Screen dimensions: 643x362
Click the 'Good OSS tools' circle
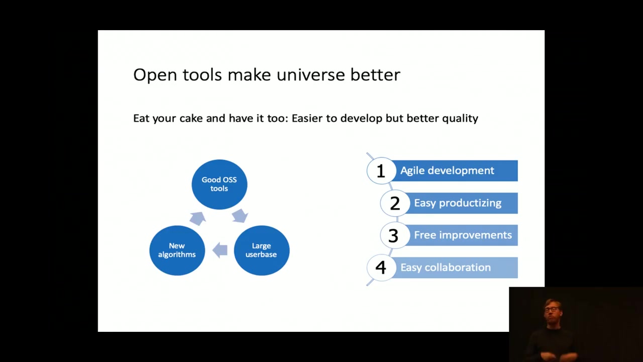pos(220,184)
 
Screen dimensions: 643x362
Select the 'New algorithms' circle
pos(177,250)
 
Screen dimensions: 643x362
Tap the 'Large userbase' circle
pos(262,250)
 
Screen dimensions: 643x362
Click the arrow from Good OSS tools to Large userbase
pos(240,216)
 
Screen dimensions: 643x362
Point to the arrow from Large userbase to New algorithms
pos(220,250)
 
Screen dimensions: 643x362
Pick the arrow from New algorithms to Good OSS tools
pos(198,218)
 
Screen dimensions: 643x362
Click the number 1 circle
pos(381,170)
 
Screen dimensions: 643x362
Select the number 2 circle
pos(395,203)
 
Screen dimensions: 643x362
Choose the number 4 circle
pos(381,267)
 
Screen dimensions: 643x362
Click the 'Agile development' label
pos(447,170)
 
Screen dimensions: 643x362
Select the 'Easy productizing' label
pos(458,203)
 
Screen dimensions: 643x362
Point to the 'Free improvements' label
pos(463,235)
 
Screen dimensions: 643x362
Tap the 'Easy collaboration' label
pos(446,267)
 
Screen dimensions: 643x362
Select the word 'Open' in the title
pos(155,75)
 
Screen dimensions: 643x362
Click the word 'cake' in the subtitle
pos(191,118)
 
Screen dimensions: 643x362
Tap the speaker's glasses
pos(551,309)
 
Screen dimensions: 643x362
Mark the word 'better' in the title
pos(375,75)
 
